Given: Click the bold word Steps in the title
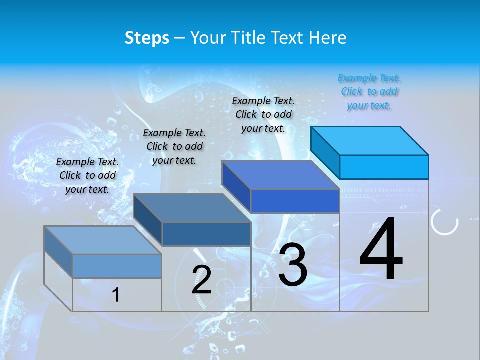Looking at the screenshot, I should (x=147, y=38).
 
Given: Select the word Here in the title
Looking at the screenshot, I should (x=328, y=38).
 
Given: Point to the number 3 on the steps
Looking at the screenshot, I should (x=293, y=265).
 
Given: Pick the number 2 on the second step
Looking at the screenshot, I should (x=201, y=280).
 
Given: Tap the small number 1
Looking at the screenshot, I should (x=116, y=295).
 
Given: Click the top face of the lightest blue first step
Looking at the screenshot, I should (x=102, y=240).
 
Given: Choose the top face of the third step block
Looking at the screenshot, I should (x=280, y=175).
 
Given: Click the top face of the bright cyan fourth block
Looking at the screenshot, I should (x=369, y=140).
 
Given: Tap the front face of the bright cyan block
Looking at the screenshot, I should (x=384, y=167).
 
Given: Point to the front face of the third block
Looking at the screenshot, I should (x=295, y=201).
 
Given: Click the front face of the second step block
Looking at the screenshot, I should (x=206, y=234).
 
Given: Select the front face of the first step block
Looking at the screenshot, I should (x=117, y=266).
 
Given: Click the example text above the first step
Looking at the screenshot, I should (x=87, y=175).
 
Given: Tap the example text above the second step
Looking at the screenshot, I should (x=174, y=146).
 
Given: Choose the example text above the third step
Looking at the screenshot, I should (x=263, y=114).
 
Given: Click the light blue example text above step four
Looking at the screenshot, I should (x=369, y=91).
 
